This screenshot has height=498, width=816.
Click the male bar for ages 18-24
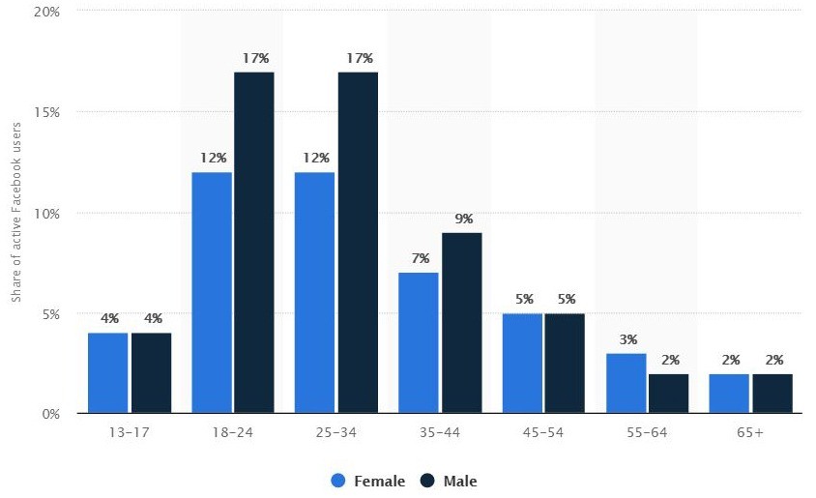click(254, 243)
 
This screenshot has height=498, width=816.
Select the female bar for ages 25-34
click(314, 293)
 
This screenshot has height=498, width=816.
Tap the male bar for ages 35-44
click(461, 323)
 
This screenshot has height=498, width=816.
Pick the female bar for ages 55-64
click(626, 384)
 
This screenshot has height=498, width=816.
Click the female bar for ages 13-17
click(107, 373)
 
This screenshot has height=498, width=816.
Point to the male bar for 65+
click(772, 394)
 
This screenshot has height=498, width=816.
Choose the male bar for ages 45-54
click(565, 364)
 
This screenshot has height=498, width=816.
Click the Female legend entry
click(368, 481)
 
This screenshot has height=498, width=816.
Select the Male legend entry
click(449, 481)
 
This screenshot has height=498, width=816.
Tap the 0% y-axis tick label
click(48, 414)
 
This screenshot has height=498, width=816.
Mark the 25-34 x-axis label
click(336, 433)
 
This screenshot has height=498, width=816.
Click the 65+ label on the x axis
click(750, 433)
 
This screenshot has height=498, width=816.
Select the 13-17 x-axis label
click(129, 433)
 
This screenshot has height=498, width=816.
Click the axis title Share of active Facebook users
click(16, 213)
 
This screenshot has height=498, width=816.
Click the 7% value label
click(419, 258)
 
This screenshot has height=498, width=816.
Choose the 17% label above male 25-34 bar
click(358, 58)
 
